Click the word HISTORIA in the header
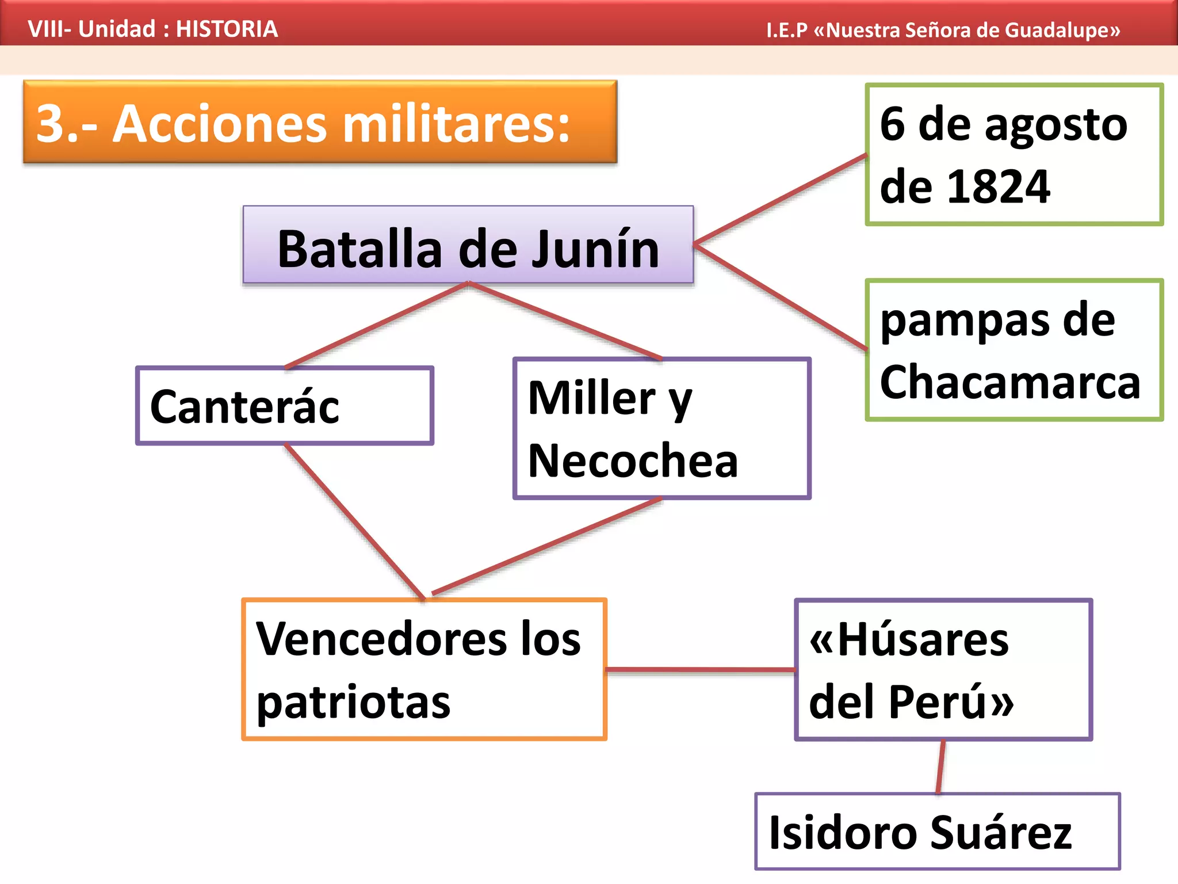pos(227,29)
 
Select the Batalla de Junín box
pos(468,245)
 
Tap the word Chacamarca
pos(1009,383)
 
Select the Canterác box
pos(284,406)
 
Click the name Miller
pos(592,398)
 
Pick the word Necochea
pos(633,462)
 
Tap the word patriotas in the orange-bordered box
pos(353,703)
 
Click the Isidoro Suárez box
pos(937,832)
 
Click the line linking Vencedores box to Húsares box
pos(701,670)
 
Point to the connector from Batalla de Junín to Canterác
pos(377,325)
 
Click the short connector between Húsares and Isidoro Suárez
pos(940,767)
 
